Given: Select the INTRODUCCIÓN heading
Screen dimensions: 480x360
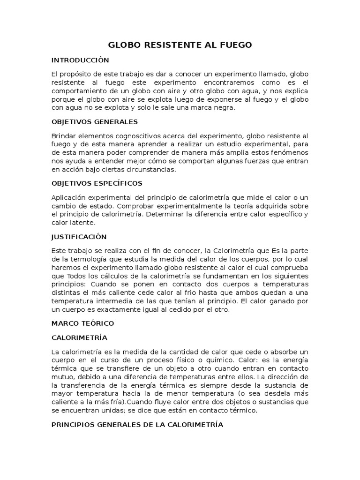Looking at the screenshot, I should coord(80,60).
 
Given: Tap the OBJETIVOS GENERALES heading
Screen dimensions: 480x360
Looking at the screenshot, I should coord(94,122).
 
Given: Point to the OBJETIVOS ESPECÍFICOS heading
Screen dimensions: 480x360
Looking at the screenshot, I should coord(97,183).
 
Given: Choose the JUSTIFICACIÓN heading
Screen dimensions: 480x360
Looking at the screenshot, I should coord(79,236).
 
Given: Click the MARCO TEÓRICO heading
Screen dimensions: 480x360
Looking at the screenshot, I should coord(82,323).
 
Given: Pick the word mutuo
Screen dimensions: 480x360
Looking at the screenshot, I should coord(62,376).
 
